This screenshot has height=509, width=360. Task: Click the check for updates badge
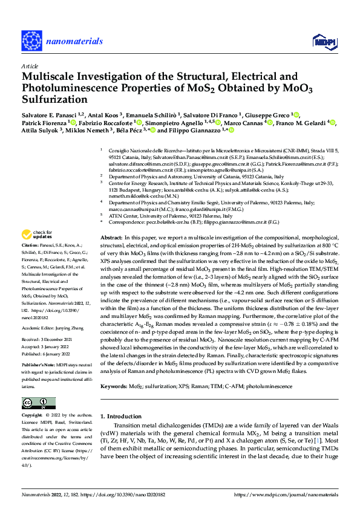coord(38,235)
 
